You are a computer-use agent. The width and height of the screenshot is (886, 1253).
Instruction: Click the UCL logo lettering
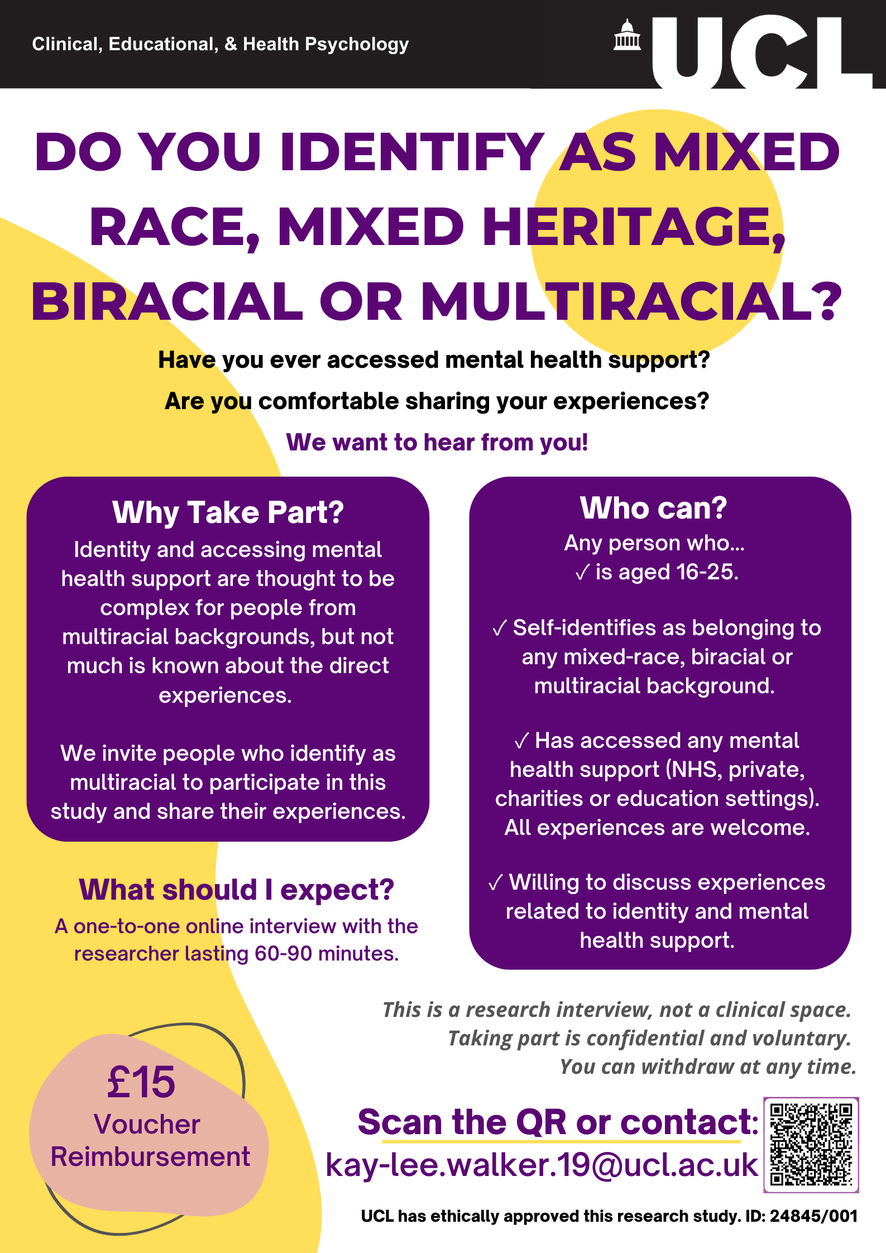[762, 52]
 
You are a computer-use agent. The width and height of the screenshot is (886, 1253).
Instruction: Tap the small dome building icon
[627, 35]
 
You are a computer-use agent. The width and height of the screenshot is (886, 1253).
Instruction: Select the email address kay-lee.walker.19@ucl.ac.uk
[542, 1165]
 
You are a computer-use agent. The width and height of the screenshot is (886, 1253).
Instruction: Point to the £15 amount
[141, 1082]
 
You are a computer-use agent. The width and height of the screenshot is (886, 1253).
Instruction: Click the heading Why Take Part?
[228, 512]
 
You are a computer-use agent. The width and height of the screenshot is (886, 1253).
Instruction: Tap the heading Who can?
[654, 508]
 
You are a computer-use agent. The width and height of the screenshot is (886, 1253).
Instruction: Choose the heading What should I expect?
[236, 890]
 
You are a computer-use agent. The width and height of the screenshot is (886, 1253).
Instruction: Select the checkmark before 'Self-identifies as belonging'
[499, 628]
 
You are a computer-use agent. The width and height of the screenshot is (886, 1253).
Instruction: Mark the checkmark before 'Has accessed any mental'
[521, 741]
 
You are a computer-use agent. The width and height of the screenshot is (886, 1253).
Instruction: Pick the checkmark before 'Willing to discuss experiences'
[495, 883]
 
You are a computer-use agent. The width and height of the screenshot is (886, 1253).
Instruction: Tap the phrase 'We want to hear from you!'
[437, 442]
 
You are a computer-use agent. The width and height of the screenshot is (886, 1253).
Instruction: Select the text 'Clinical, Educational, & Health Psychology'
[221, 44]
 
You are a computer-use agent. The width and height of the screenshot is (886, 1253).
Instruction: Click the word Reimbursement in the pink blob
[150, 1156]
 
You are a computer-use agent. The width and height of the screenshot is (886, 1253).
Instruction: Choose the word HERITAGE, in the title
[634, 227]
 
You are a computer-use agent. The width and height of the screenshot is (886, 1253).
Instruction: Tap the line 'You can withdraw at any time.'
[708, 1067]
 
